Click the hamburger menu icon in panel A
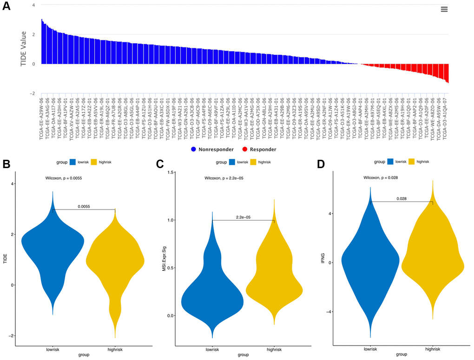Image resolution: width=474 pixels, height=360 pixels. click(x=444, y=9)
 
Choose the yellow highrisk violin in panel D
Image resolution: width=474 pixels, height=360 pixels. click(x=433, y=260)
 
